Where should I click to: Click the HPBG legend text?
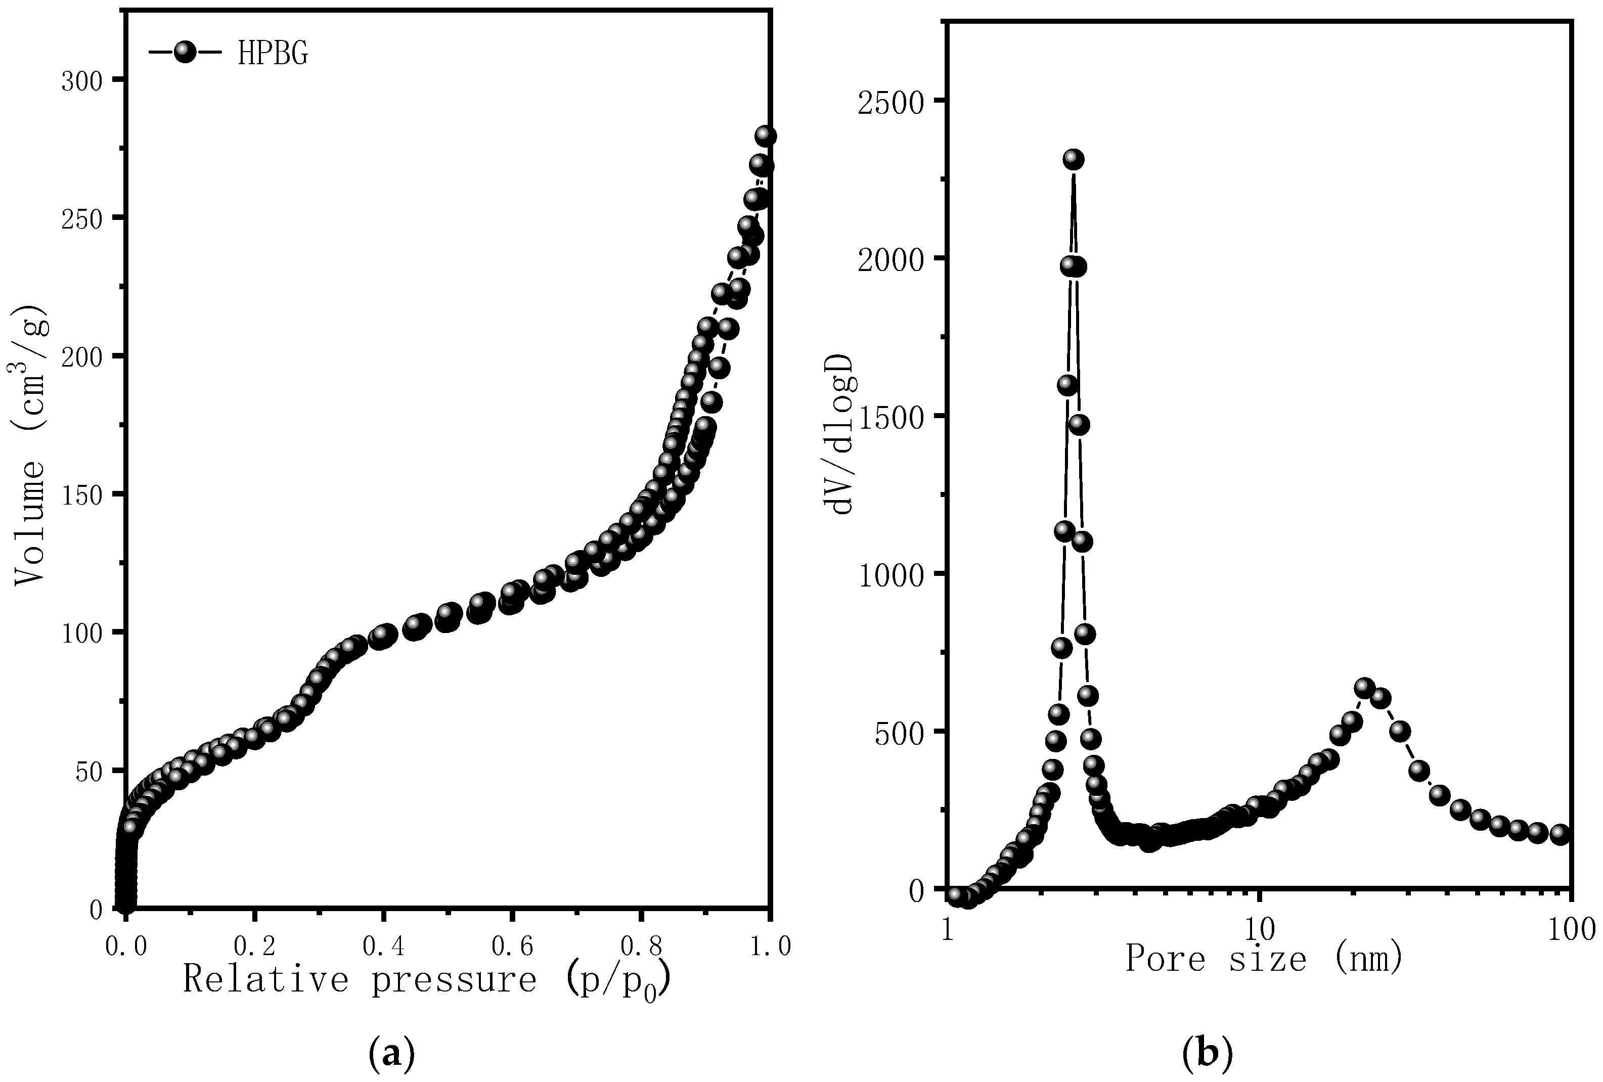click(273, 54)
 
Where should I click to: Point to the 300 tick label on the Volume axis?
click(82, 82)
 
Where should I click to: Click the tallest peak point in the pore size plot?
click(1073, 159)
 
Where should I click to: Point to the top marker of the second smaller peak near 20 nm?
click(1364, 687)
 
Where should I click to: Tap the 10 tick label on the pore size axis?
click(1260, 931)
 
